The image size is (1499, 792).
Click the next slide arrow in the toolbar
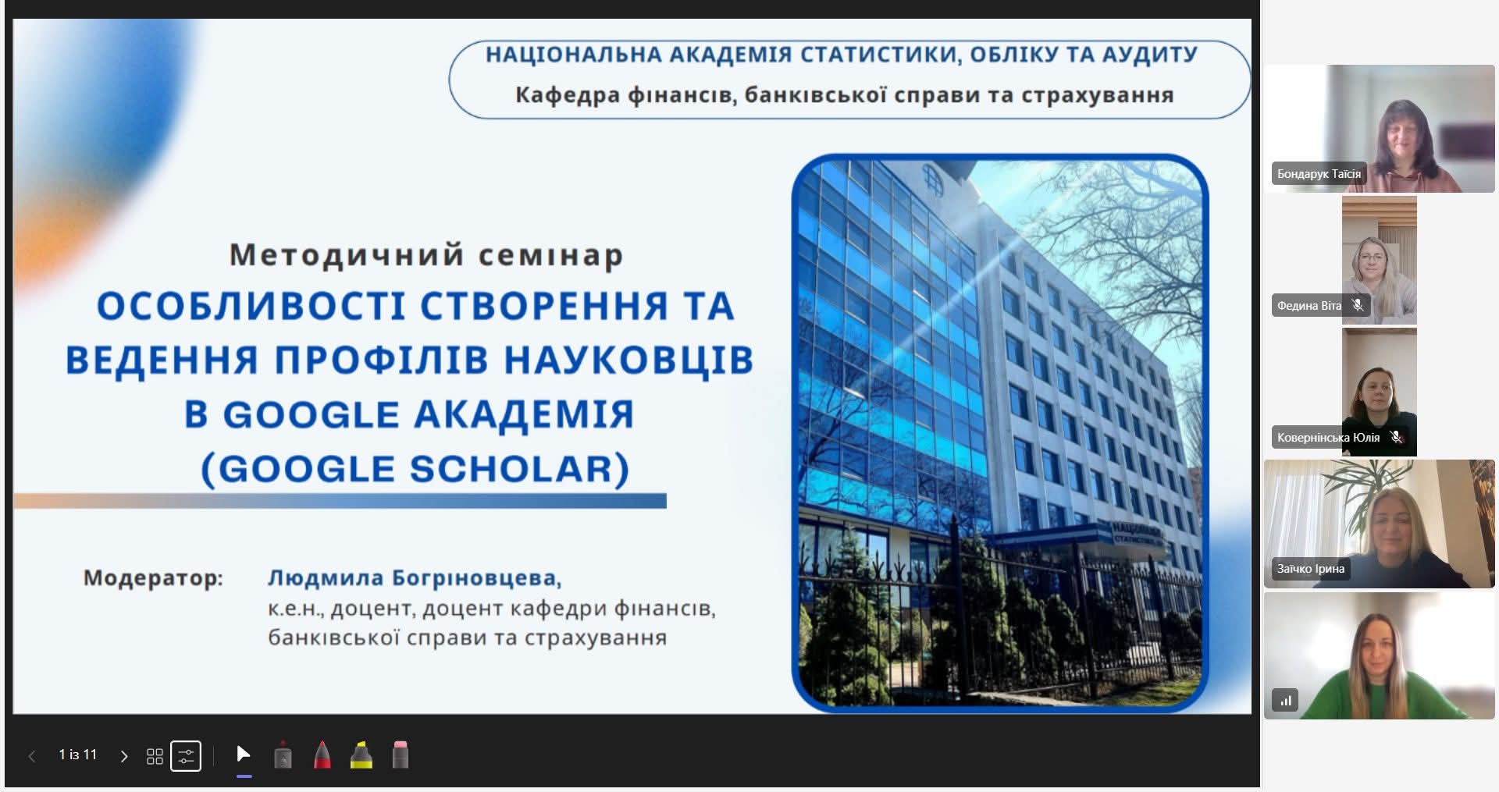point(123,756)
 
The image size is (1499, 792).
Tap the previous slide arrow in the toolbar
point(32,756)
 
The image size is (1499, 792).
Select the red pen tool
point(322,755)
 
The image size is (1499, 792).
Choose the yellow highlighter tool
point(361,755)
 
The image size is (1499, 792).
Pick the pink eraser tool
point(400,755)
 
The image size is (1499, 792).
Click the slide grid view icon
point(155,756)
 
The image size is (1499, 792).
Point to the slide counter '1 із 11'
point(78,755)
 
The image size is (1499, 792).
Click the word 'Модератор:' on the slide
point(153,578)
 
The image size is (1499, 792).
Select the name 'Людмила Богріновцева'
point(414,578)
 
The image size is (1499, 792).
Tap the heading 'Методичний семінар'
point(426,255)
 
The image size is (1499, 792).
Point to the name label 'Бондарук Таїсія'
point(1319,174)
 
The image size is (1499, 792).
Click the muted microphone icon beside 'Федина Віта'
point(1358,305)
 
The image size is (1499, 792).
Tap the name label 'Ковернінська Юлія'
point(1328,438)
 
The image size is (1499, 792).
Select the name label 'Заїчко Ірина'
point(1311,569)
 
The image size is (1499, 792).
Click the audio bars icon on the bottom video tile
point(1285,700)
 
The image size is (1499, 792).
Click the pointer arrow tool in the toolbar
point(243,754)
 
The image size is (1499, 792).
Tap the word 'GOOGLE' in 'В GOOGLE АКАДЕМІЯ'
point(310,414)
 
